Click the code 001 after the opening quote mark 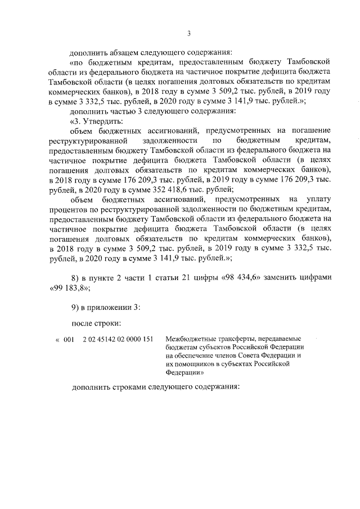69,339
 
